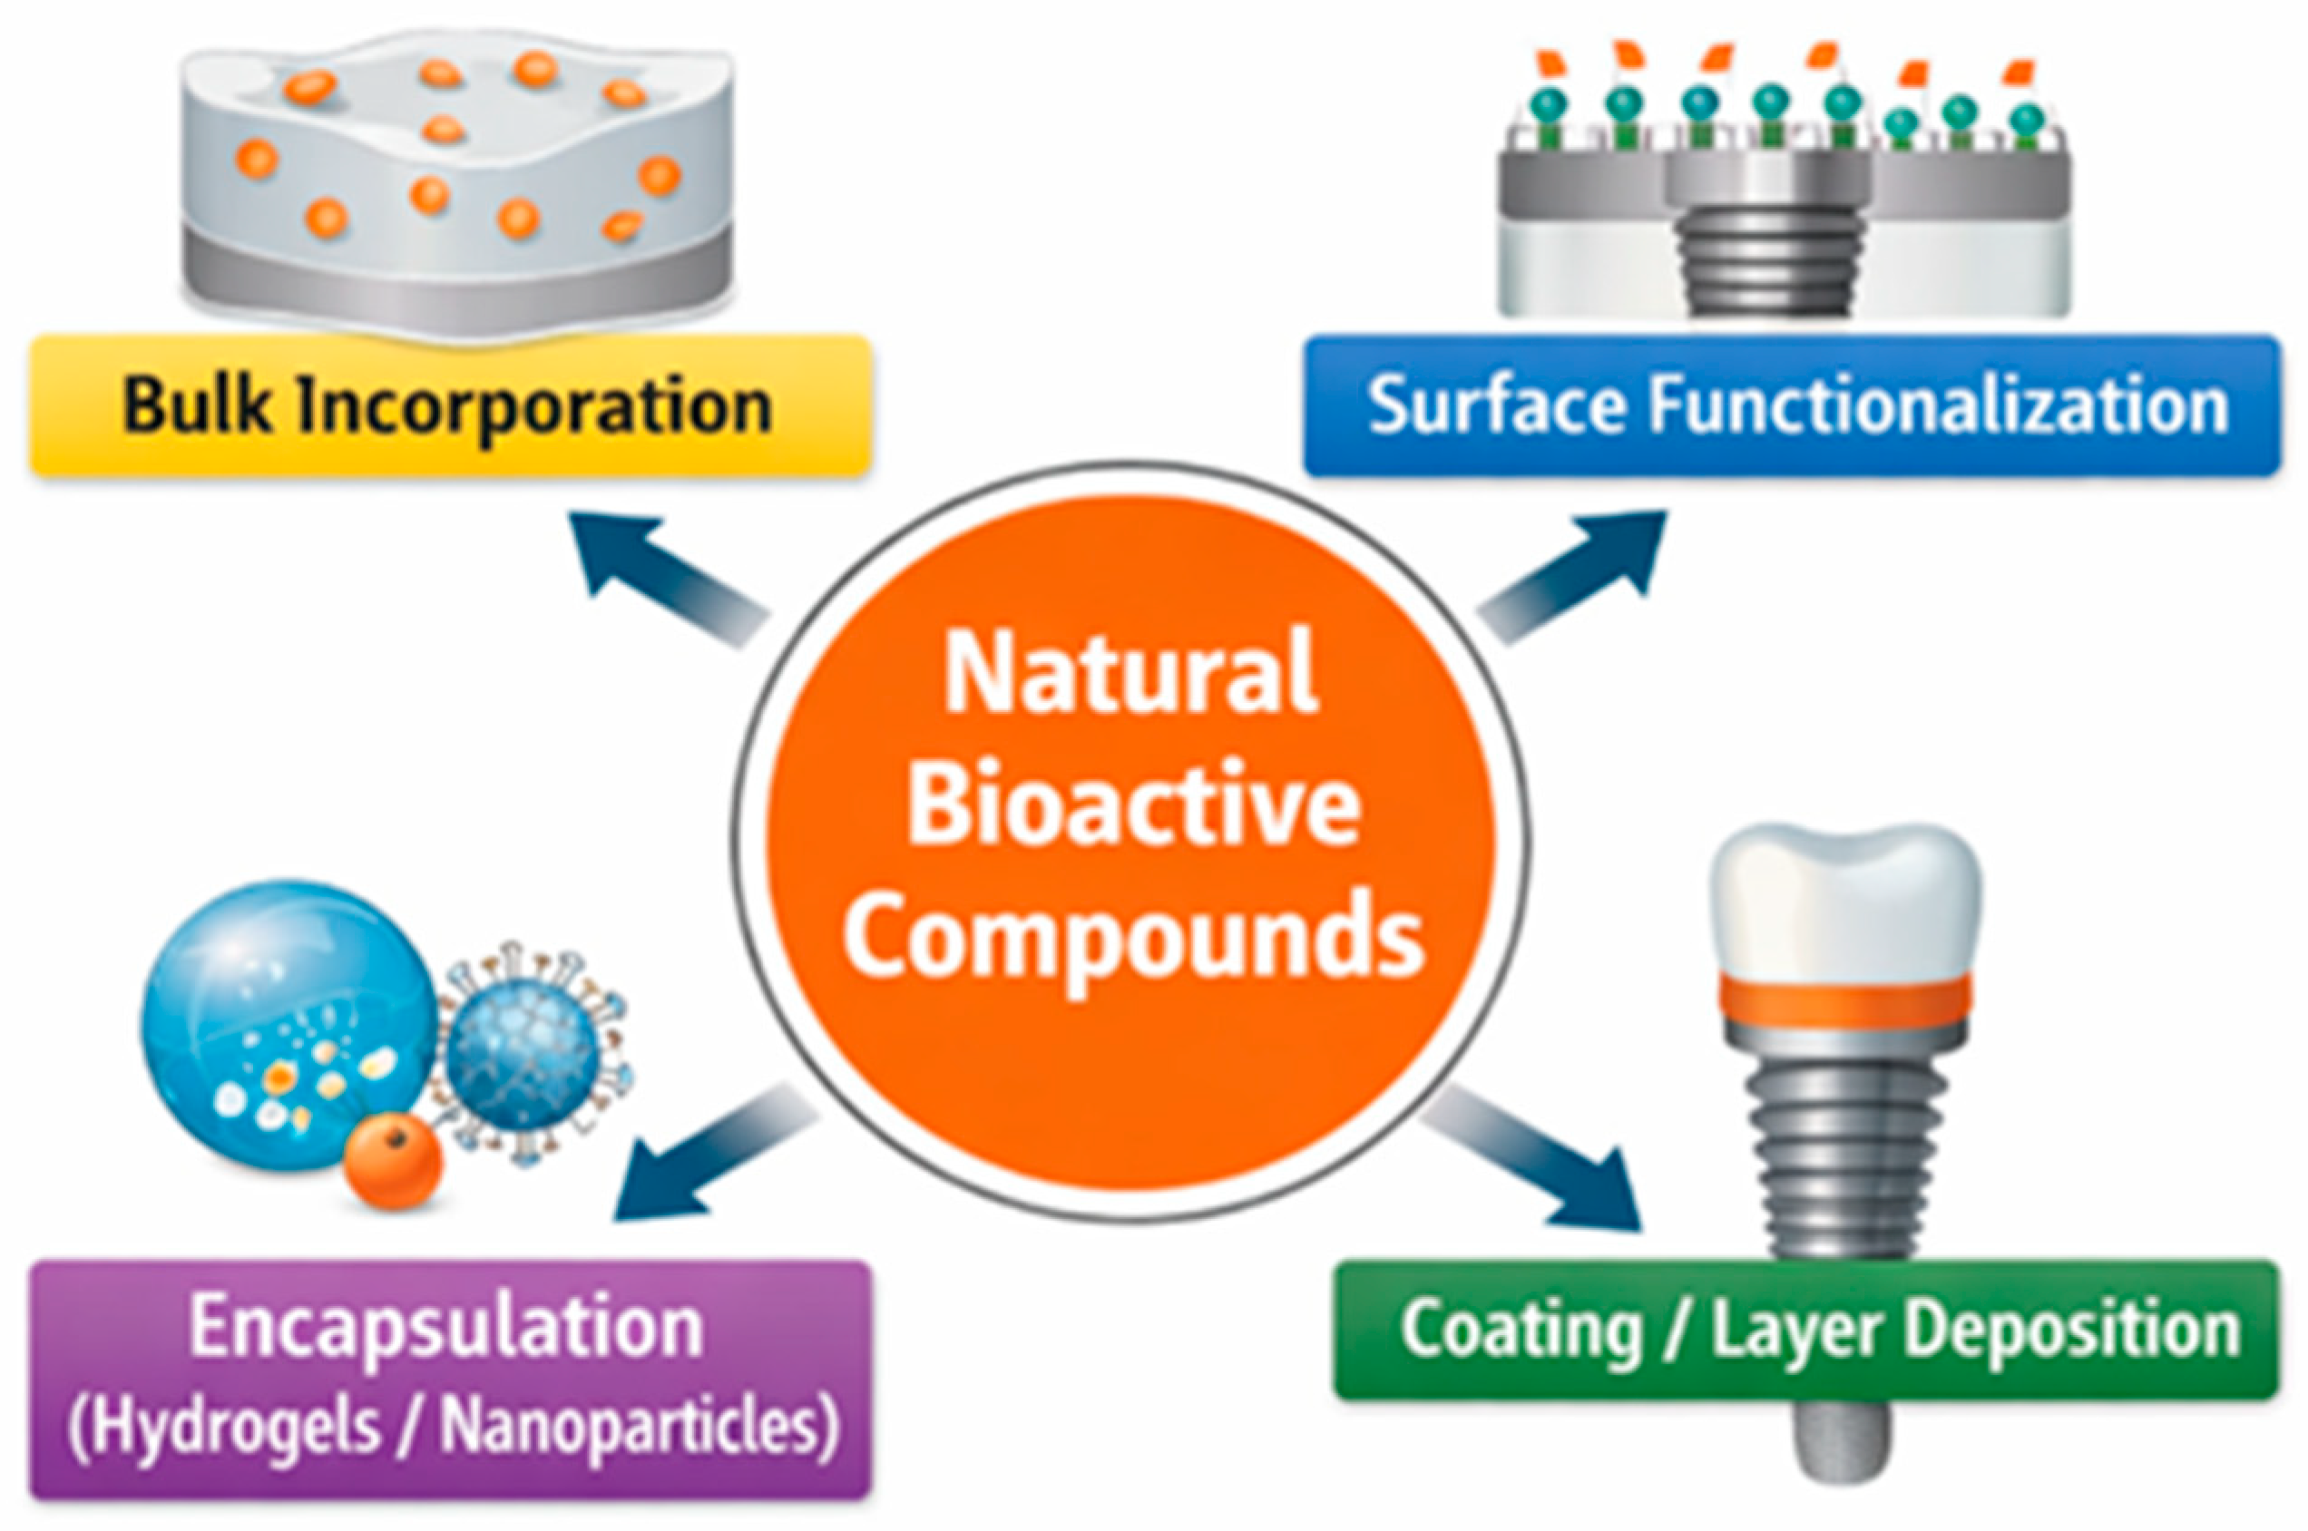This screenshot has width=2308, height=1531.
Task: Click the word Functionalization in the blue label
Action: point(1939,406)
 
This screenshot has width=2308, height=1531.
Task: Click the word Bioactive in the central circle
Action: point(1133,805)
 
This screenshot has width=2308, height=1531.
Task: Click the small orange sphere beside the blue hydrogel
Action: point(394,1162)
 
